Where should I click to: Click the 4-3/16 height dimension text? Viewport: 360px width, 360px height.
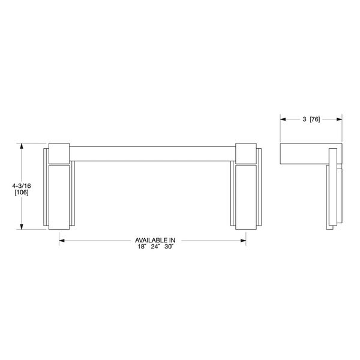(x=21, y=187)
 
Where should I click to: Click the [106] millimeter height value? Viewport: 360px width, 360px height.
(x=21, y=194)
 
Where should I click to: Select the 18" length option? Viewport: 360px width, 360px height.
(x=140, y=247)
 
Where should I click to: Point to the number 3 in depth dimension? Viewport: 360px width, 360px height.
(x=304, y=120)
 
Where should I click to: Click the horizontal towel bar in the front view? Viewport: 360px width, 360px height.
(x=153, y=152)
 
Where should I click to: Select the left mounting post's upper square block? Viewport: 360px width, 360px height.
(x=59, y=154)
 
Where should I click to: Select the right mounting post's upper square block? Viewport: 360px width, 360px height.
(x=247, y=154)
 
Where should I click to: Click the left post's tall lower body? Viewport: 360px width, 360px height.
(x=59, y=197)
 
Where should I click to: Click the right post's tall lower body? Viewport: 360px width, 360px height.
(x=247, y=197)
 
